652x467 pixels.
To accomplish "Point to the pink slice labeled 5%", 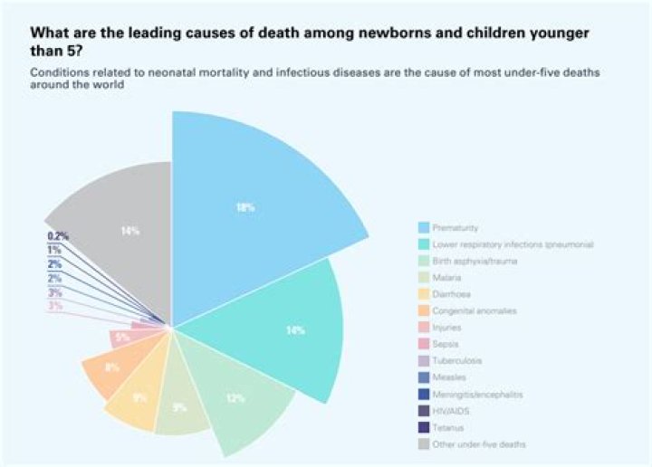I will (x=122, y=338).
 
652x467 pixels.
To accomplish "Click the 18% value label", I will (x=244, y=207).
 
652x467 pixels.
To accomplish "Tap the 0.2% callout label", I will (x=58, y=236).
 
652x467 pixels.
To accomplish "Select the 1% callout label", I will (x=55, y=250).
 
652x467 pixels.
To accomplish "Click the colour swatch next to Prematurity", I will (x=423, y=226).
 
